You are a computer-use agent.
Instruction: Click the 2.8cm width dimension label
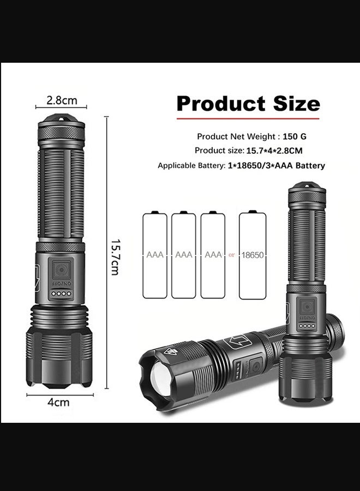point(62,100)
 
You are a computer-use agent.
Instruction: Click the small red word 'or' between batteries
point(232,255)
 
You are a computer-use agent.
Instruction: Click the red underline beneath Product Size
point(248,117)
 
